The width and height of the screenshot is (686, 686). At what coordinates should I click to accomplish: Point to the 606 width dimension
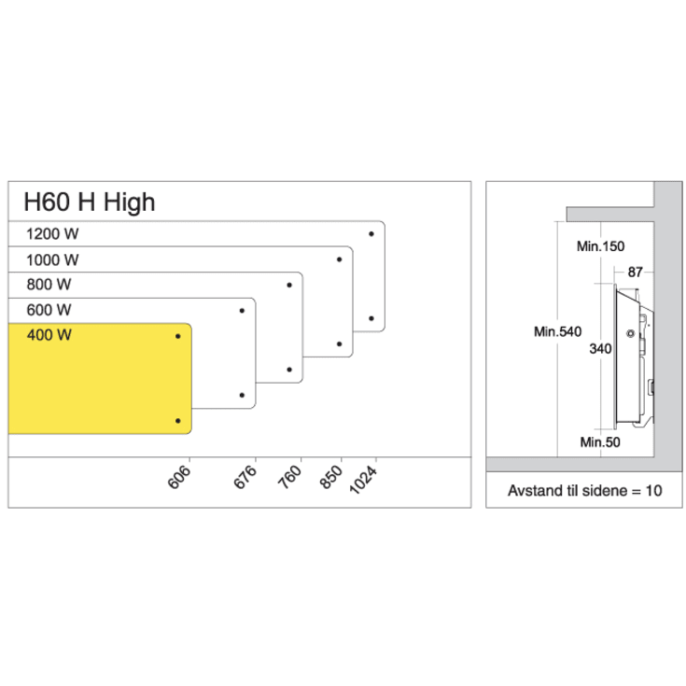click(x=181, y=477)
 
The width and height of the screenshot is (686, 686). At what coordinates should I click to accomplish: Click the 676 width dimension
click(x=246, y=477)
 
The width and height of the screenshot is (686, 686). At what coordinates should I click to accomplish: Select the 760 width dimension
click(x=291, y=477)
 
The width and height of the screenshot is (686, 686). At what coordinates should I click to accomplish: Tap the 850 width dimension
click(x=332, y=477)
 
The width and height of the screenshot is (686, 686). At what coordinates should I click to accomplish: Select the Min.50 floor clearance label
click(x=598, y=441)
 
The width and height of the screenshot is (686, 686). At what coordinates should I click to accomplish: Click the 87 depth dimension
click(x=636, y=272)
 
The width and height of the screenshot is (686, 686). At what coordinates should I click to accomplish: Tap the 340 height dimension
click(x=601, y=348)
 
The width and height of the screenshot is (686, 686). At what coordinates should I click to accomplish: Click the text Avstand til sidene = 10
click(x=584, y=490)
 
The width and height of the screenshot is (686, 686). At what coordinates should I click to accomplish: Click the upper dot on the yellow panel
click(x=178, y=336)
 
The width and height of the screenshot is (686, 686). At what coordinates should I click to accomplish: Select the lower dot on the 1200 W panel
click(x=371, y=318)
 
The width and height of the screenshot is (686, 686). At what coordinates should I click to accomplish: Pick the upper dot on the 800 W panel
click(x=289, y=285)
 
